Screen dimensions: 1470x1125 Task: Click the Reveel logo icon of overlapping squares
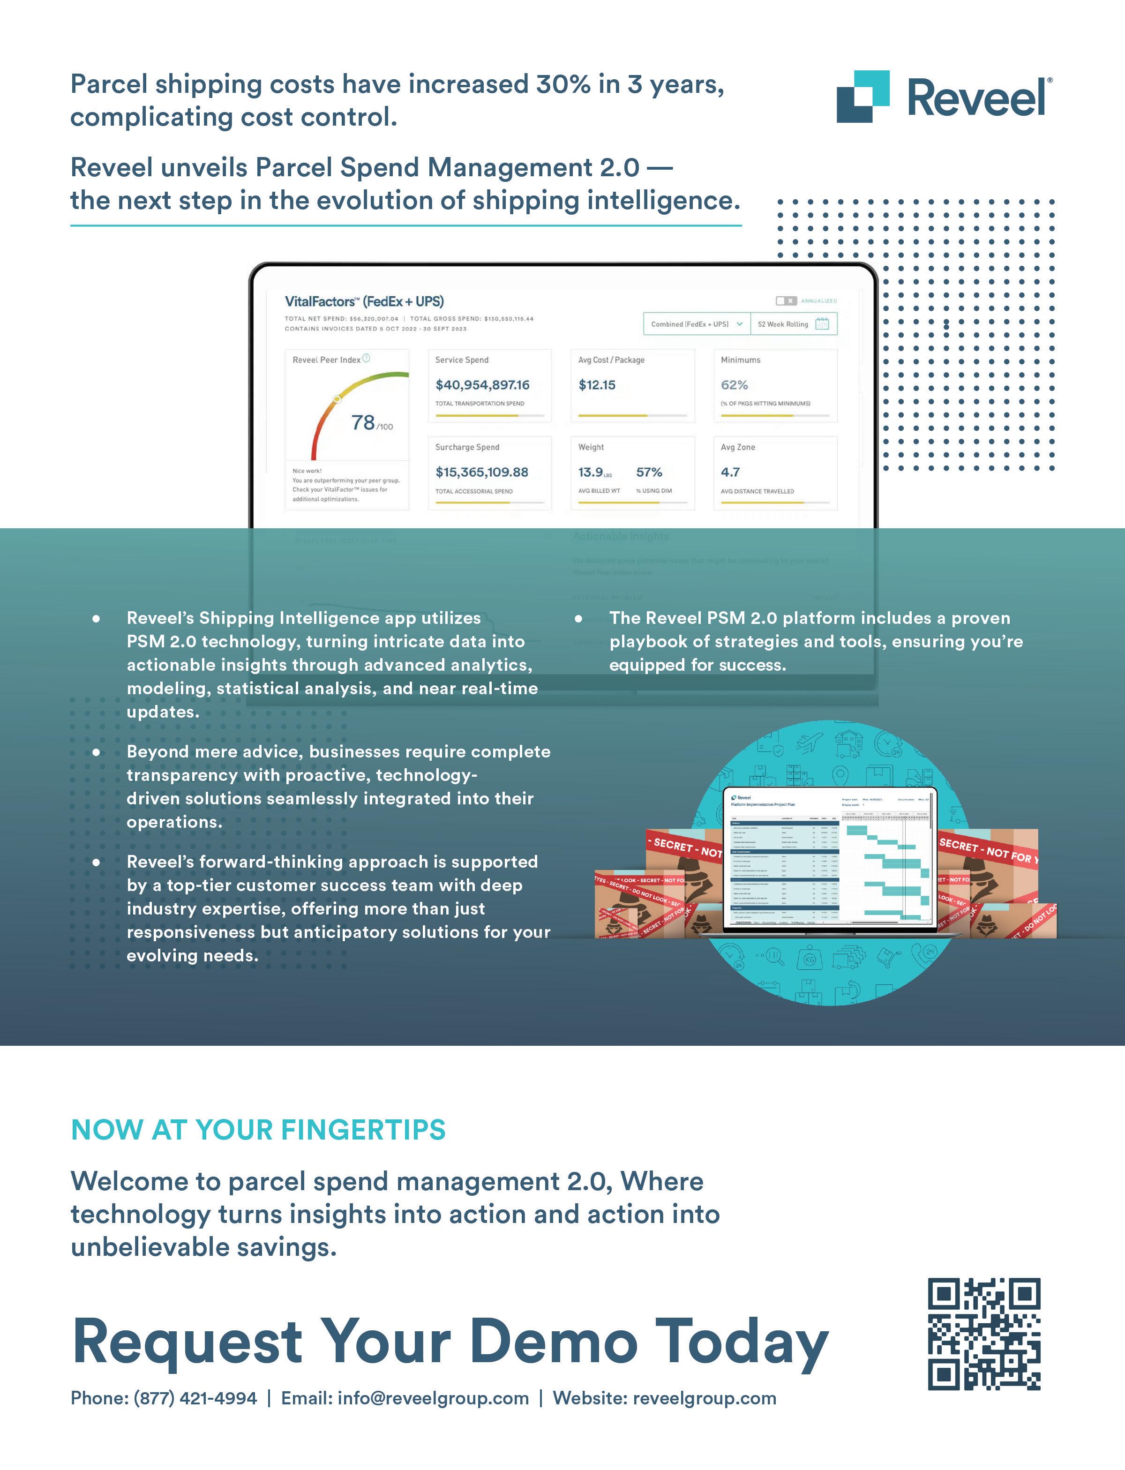click(862, 97)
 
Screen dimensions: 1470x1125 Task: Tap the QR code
click(984, 1334)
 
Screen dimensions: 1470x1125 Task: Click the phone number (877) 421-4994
click(195, 1398)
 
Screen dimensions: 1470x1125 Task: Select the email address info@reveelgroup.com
click(433, 1398)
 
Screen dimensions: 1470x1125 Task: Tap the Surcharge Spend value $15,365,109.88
click(481, 472)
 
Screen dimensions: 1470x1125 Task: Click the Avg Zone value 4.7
click(730, 472)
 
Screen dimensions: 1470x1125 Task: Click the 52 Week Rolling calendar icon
click(822, 324)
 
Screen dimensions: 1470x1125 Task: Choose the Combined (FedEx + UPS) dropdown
click(697, 324)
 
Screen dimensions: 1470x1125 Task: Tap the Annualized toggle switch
click(786, 300)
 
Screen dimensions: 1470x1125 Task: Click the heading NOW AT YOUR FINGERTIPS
click(258, 1130)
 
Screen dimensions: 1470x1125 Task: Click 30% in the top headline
click(563, 84)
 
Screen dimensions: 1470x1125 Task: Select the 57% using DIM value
click(649, 472)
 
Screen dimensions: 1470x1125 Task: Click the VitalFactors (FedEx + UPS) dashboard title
click(364, 301)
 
